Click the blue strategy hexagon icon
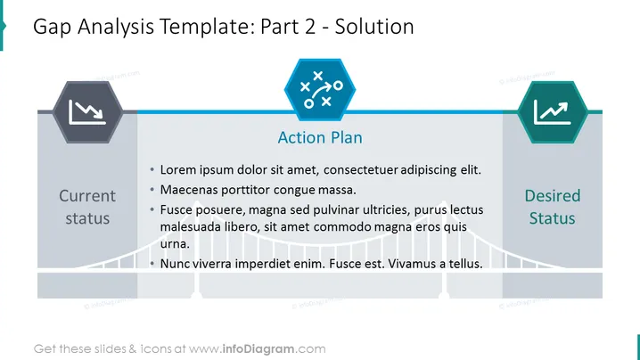[x=320, y=90]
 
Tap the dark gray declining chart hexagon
[x=87, y=112]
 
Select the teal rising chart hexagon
[x=553, y=112]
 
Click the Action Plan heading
[x=320, y=137]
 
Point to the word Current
[x=87, y=196]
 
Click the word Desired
[x=553, y=196]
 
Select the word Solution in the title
[x=374, y=27]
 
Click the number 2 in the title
[x=309, y=27]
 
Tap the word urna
[x=175, y=244]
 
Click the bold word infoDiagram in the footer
[x=258, y=349]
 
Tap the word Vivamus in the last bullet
[x=412, y=264]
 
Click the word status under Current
[x=87, y=218]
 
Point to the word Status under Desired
[x=553, y=218]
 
